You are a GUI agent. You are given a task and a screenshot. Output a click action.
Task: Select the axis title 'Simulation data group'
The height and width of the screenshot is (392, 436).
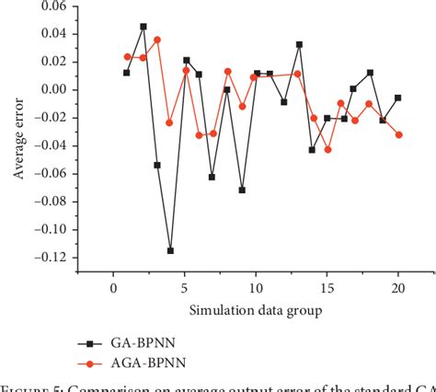255,311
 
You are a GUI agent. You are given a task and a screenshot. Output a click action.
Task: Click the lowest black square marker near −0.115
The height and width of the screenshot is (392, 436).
170,250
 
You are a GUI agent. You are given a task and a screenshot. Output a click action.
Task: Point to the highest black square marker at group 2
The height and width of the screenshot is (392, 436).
143,27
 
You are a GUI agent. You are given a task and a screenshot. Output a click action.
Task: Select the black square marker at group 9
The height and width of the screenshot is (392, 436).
242,190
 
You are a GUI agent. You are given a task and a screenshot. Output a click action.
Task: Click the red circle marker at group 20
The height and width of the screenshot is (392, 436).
398,134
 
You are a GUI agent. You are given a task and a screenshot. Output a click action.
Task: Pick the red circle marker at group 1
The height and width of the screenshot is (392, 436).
127,56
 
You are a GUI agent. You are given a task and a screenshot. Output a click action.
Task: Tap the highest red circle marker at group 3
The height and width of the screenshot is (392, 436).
156,40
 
